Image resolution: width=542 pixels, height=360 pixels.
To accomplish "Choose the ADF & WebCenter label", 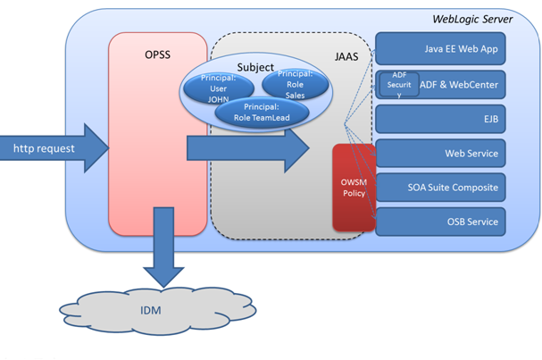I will click(459, 85).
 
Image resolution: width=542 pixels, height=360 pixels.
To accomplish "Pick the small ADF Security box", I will click(399, 84).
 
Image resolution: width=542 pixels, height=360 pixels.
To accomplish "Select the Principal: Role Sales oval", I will click(294, 85).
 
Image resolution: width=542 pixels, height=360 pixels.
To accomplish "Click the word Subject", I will click(255, 67).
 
